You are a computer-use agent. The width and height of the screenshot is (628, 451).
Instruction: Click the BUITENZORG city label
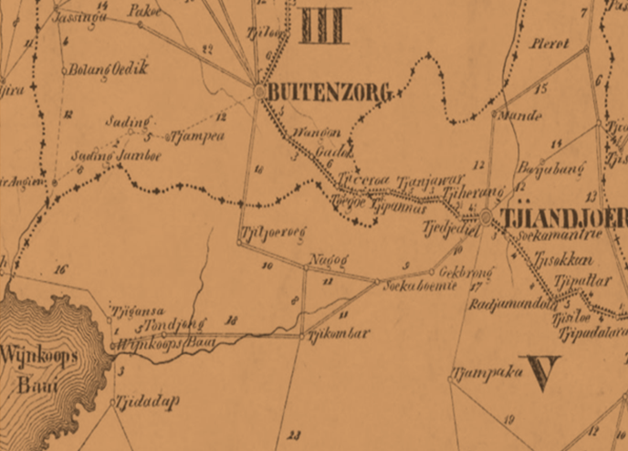tap(329, 92)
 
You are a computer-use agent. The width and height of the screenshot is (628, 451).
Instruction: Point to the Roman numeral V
tap(539, 372)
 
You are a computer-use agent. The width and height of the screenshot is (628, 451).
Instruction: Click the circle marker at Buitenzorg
tap(260, 91)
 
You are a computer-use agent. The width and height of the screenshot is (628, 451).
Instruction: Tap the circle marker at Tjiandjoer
tap(487, 217)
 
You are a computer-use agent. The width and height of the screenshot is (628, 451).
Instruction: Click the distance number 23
tap(294, 435)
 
